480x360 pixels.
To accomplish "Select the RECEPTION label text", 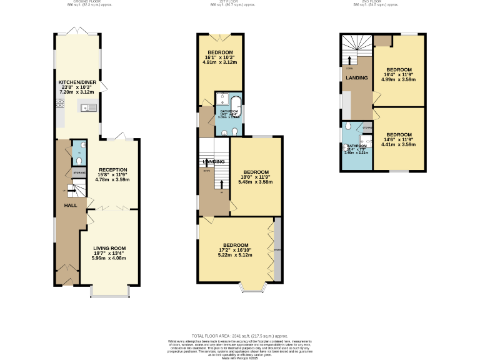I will (x=112, y=169).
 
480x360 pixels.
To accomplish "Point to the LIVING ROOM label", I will (x=110, y=248).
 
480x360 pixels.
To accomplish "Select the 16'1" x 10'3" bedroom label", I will (x=220, y=52).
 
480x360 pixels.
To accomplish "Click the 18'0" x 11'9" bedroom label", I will (x=256, y=172).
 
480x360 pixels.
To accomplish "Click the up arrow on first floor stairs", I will (x=222, y=184).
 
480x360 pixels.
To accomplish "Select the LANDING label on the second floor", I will (x=357, y=77).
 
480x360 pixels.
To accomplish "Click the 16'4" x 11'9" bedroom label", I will (x=398, y=69).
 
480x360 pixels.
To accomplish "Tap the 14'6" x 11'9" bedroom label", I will (x=398, y=135).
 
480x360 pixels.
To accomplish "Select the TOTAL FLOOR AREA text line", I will (x=239, y=336).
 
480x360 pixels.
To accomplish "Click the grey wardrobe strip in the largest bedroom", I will (x=277, y=250).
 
